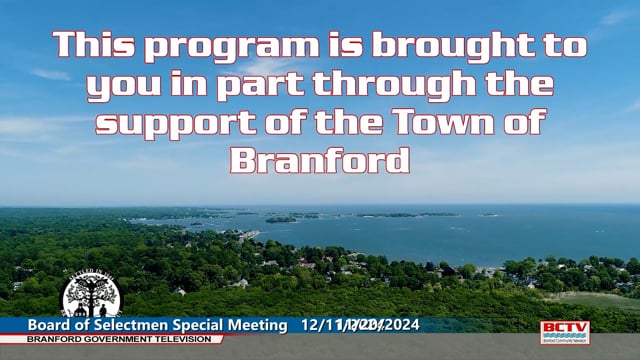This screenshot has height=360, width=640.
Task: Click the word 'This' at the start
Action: (x=93, y=44)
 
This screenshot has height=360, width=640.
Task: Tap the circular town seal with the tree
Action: (x=92, y=297)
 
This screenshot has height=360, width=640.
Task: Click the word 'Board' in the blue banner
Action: (x=50, y=326)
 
